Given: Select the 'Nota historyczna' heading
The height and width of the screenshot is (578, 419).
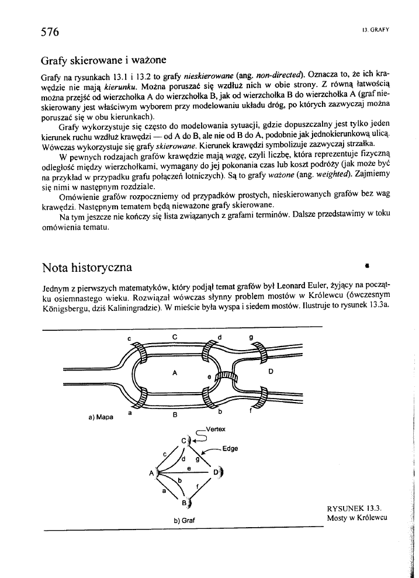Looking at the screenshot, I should pos(87,268).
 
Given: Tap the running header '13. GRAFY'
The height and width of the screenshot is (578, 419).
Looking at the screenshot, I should pos(376,29).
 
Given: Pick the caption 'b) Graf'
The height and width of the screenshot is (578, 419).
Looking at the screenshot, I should pos(183,520).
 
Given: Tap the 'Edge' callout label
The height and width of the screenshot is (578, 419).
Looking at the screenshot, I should pos(230,449).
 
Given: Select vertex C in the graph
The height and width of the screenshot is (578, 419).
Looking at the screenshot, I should pos(183,439).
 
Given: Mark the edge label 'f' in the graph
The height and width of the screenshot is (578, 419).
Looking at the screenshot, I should pos(198,484).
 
